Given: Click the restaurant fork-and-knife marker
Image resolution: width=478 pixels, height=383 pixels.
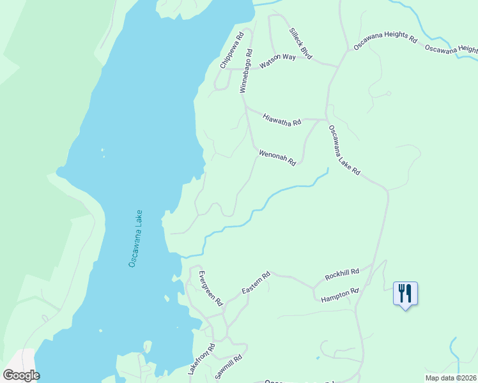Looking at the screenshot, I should point(405,294).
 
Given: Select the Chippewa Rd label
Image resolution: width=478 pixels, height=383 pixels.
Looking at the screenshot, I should point(232,50).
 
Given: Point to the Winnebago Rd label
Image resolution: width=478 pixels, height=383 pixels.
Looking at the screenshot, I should point(245,71).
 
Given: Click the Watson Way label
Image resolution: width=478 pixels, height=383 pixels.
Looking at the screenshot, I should point(277,61).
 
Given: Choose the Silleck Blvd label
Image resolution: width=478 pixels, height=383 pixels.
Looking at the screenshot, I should point(300,44).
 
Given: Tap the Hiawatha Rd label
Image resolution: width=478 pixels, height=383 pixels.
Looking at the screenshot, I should point(282,119).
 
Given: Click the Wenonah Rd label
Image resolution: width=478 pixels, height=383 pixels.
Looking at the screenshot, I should point(277,158).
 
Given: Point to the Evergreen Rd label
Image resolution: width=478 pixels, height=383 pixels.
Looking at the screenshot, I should point(210,288).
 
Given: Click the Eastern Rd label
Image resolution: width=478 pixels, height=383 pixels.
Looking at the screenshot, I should point(256,283).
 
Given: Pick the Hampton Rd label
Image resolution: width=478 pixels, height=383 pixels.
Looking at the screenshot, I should point(340,295).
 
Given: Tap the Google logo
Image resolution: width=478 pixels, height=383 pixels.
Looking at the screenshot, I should point(21,375).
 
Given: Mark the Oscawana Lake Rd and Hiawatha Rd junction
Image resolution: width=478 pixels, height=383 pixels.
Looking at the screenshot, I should point(327,119).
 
